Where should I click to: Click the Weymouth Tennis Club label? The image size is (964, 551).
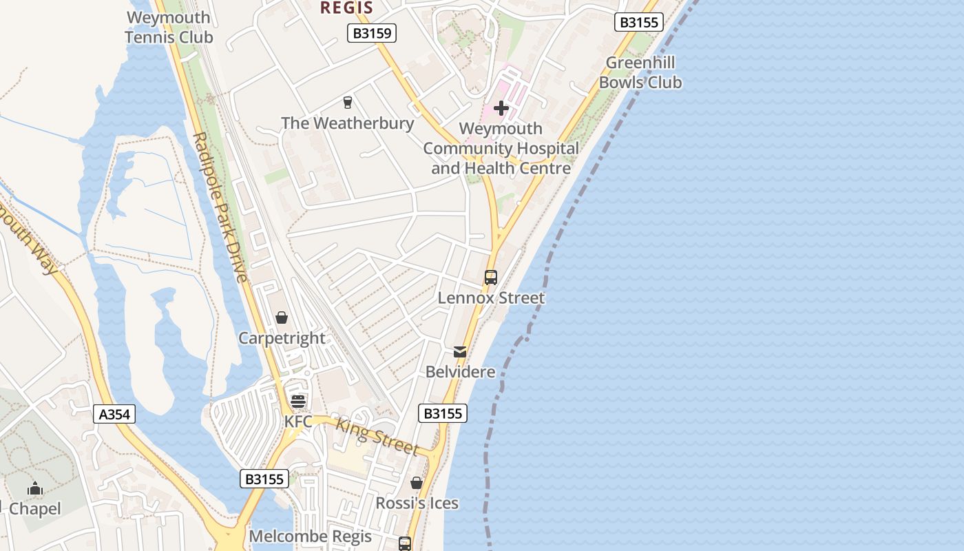tap(169, 28)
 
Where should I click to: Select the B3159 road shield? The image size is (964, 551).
tap(371, 33)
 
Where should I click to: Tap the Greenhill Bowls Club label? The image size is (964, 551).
tap(640, 72)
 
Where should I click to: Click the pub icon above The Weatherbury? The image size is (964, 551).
tap(348, 103)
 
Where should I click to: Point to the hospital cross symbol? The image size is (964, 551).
tap(501, 108)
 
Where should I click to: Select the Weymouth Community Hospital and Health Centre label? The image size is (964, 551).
tap(501, 148)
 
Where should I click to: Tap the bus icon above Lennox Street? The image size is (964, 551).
tap(491, 278)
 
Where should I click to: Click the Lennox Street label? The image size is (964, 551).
tap(491, 298)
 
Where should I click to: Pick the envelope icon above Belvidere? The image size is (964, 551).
tap(460, 352)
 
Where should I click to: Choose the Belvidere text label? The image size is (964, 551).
tap(460, 372)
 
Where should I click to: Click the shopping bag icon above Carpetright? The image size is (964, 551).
tap(282, 318)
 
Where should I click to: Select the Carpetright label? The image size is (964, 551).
tap(282, 338)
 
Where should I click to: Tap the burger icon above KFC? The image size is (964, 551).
tap(298, 402)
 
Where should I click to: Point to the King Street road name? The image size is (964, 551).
tap(377, 436)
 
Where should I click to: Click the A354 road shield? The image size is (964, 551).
tap(114, 414)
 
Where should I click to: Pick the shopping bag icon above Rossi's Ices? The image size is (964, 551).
tap(417, 483)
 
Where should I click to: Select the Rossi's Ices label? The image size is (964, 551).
tap(417, 503)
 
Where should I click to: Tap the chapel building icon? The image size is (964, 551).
tap(35, 489)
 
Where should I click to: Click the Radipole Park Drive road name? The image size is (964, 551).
tap(220, 207)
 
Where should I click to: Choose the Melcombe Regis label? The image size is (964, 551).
tap(310, 537)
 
